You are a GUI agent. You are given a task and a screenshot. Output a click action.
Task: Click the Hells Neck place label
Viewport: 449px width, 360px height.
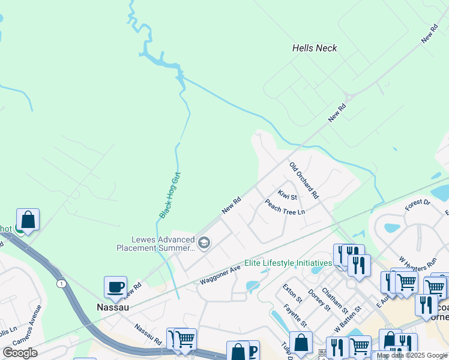click(x=315, y=48)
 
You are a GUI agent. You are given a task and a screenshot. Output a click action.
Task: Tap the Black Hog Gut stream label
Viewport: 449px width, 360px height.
click(x=170, y=195)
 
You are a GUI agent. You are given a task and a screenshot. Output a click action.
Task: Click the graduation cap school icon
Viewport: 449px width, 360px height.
click(x=204, y=242)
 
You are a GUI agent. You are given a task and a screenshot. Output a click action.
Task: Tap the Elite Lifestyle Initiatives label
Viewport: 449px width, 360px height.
click(x=288, y=263)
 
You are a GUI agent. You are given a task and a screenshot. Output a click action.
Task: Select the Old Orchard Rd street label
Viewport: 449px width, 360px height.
click(x=304, y=180)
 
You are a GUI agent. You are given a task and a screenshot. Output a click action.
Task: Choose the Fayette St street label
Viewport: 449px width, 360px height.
click(x=295, y=314)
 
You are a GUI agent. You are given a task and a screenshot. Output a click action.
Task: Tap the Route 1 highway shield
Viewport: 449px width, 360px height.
click(x=61, y=283)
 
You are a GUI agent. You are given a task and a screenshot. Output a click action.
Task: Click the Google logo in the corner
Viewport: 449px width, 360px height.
click(x=20, y=353)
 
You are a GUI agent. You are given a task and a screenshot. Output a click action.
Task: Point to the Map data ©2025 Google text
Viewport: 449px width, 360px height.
click(x=412, y=356)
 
